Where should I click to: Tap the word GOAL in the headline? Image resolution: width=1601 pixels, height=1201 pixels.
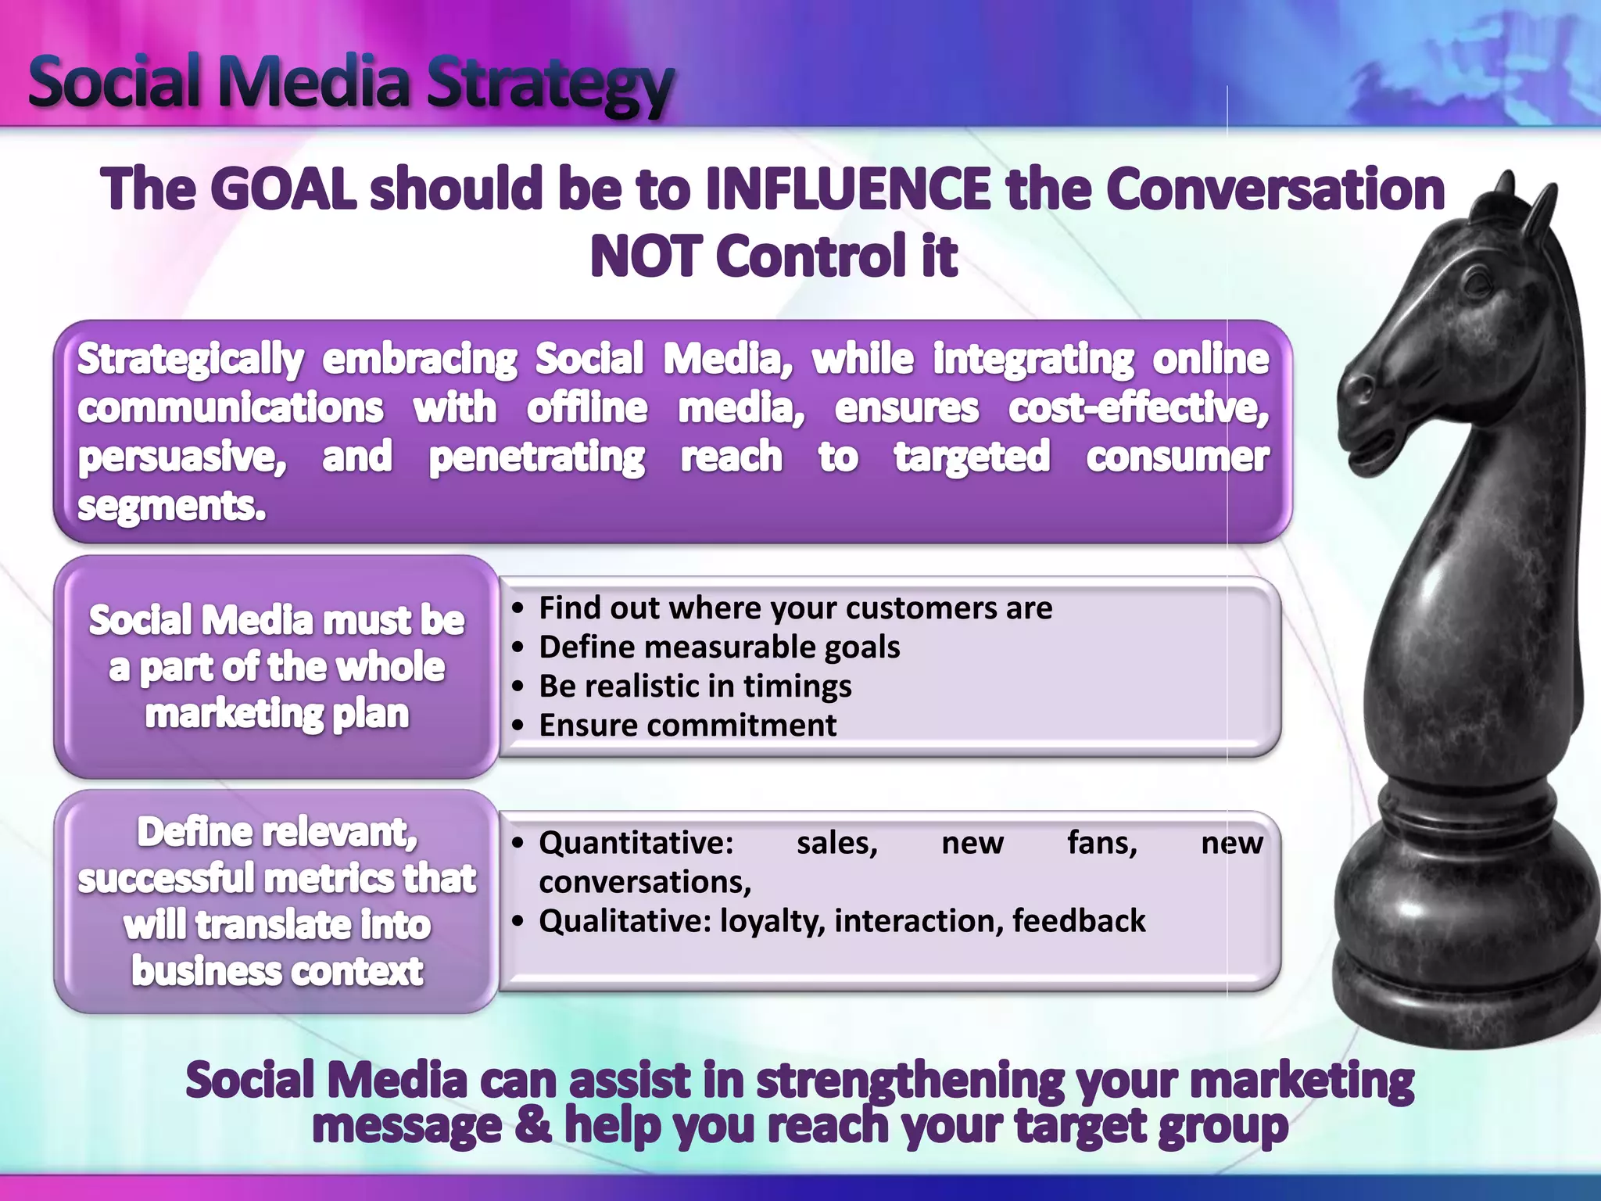pos(283,190)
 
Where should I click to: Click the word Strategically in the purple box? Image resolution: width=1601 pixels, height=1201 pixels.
pos(190,360)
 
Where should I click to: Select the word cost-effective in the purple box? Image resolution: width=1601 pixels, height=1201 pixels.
pos(1137,409)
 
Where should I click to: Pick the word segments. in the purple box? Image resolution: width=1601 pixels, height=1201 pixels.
pos(171,506)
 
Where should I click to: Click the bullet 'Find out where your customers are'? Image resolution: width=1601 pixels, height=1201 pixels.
pos(795,608)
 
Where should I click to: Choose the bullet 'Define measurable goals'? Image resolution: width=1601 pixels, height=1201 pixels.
pos(719,647)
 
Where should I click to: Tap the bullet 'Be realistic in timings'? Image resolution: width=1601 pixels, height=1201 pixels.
pos(695,687)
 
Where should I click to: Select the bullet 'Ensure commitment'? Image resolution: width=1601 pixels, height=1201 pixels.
pos(687,726)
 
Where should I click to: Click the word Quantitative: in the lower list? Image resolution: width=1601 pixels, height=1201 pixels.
pos(636,843)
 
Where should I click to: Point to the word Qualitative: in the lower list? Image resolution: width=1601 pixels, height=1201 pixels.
pos(625,921)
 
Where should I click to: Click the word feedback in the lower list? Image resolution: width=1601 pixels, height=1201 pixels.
pos(1078,921)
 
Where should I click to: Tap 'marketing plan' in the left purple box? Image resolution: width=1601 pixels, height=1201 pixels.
pos(278,714)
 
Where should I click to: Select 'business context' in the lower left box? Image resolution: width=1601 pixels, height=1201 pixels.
pos(278,972)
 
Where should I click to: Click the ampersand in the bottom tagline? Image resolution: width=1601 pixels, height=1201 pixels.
pos(532,1126)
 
